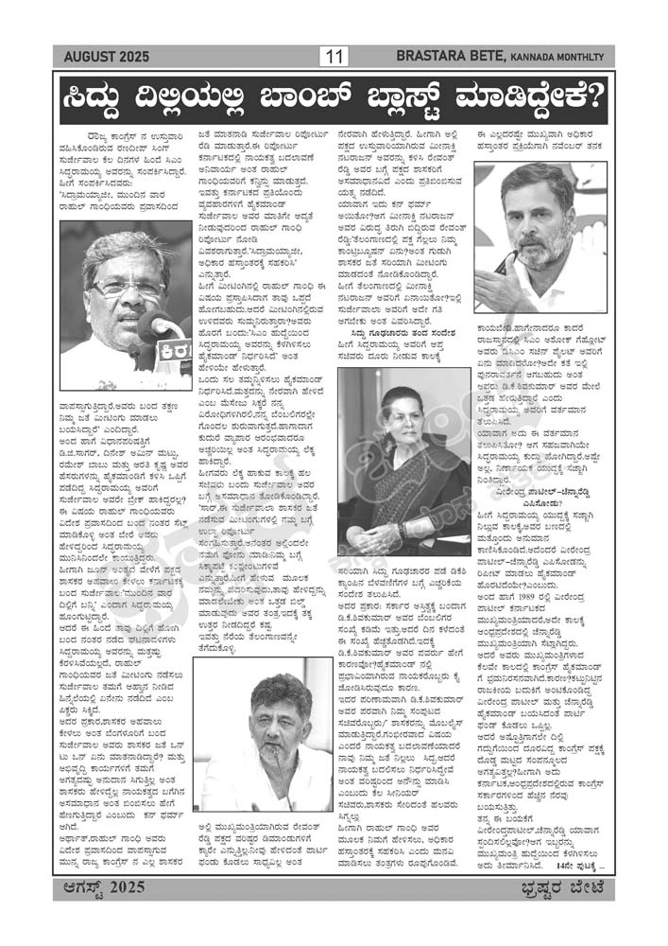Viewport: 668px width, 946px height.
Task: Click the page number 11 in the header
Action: point(334,57)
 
